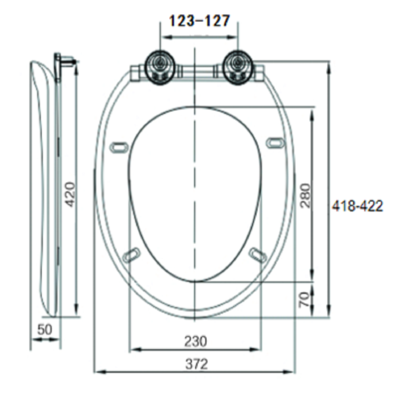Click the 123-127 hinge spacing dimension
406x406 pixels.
(x=199, y=21)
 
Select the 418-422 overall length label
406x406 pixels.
(x=357, y=206)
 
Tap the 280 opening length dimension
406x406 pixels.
(x=306, y=195)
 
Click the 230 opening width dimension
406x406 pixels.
(x=195, y=341)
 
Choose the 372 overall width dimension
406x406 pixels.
(x=197, y=364)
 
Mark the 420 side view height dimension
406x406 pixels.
(x=69, y=194)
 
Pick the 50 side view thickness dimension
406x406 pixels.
(x=44, y=330)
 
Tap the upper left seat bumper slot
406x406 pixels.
(x=119, y=146)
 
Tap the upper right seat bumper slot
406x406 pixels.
(x=275, y=143)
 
